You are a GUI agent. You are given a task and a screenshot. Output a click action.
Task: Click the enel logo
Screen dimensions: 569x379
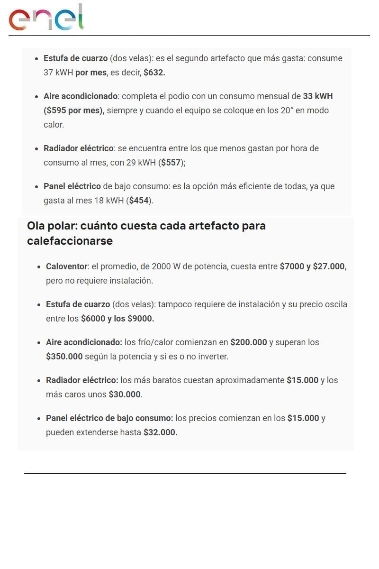pos(46,18)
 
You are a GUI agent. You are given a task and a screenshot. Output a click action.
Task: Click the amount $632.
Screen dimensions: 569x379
pos(154,73)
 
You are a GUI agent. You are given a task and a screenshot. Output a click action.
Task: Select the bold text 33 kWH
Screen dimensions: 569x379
pos(318,96)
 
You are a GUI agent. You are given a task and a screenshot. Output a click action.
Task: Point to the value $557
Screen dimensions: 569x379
pos(171,163)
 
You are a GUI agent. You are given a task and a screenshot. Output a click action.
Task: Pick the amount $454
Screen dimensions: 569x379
pos(139,201)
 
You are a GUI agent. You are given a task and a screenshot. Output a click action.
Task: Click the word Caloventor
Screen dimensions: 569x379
pos(67,266)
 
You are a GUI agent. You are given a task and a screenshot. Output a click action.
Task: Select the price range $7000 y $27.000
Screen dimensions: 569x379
pos(312,266)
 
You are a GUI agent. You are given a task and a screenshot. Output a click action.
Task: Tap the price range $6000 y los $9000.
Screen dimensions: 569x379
pos(117,319)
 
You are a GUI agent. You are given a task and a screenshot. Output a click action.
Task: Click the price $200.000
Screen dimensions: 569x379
pos(249,342)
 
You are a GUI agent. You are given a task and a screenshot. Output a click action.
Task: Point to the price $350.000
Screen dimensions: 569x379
pos(64,357)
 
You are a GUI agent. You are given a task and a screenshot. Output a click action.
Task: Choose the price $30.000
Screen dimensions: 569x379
pos(125,395)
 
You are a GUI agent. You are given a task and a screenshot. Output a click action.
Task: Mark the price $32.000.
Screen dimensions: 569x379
pos(160,432)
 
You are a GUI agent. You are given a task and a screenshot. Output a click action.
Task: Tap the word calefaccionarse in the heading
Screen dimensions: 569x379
pos(70,241)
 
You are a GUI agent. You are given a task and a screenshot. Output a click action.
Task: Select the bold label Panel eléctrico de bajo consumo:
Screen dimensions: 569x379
pos(109,418)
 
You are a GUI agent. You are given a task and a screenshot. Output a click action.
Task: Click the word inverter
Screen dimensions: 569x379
pos(212,357)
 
